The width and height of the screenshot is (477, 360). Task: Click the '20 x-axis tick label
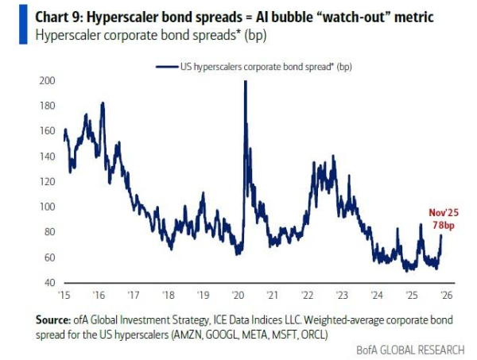[x=238, y=294]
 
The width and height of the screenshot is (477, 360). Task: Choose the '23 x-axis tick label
[x=342, y=294]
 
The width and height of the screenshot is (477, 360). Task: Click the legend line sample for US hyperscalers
[x=168, y=67]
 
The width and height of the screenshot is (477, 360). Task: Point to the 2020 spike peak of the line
[x=244, y=82]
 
